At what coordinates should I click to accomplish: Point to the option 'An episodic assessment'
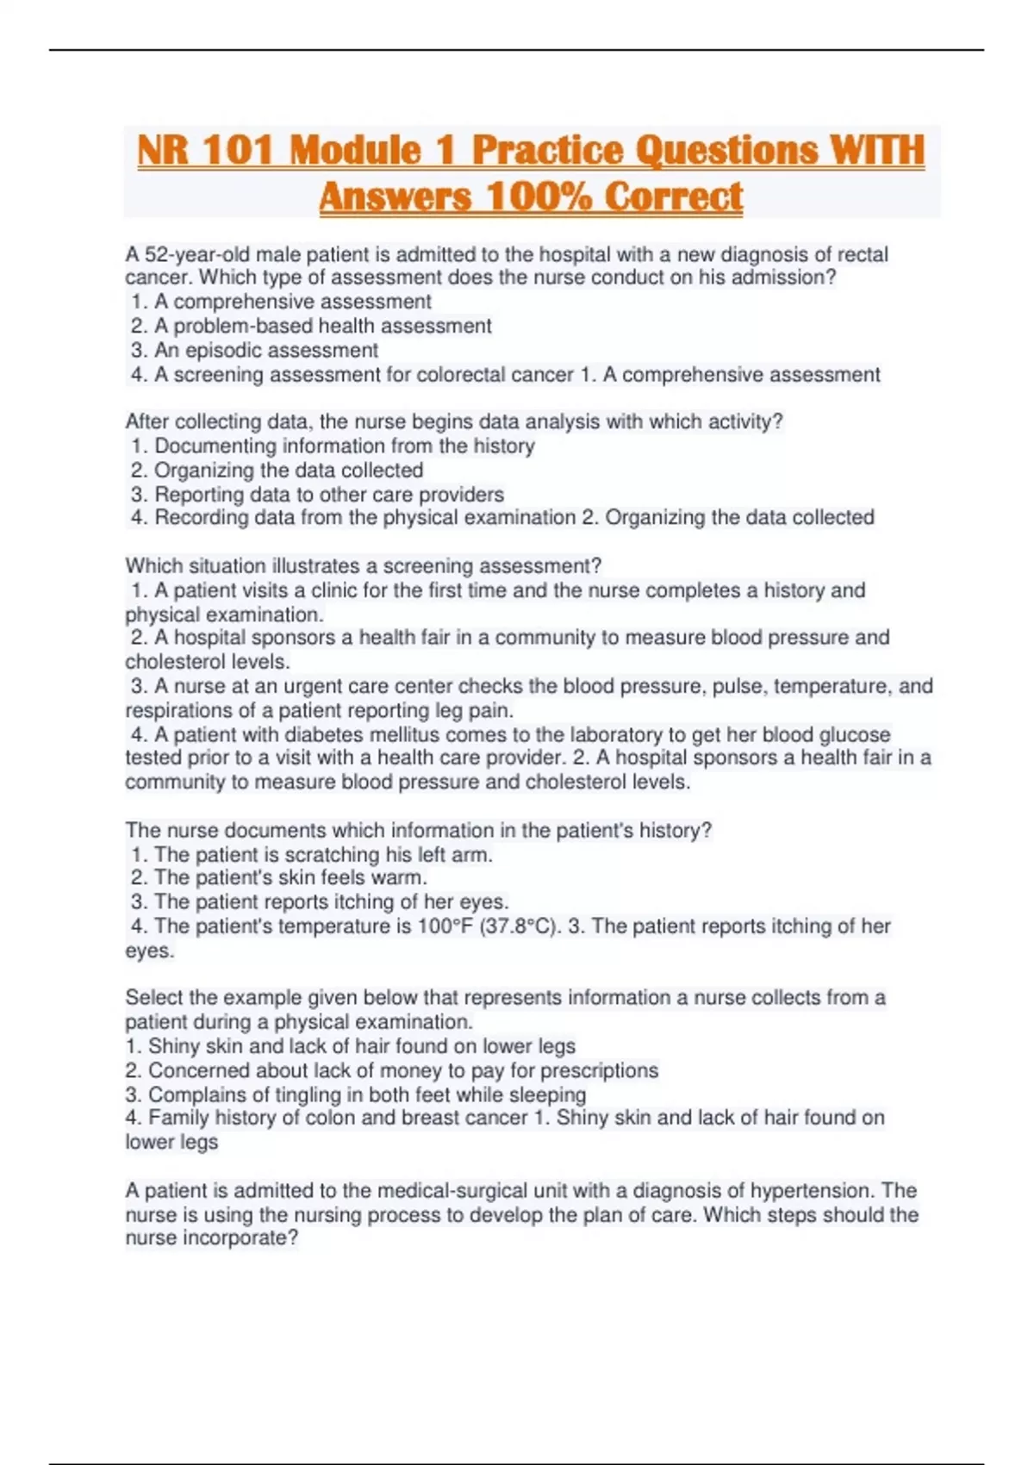coord(265,351)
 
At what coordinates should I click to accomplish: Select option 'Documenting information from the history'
coord(344,446)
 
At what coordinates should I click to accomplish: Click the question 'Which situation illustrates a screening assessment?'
coord(363,566)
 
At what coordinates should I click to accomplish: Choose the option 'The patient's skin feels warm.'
coord(290,878)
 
